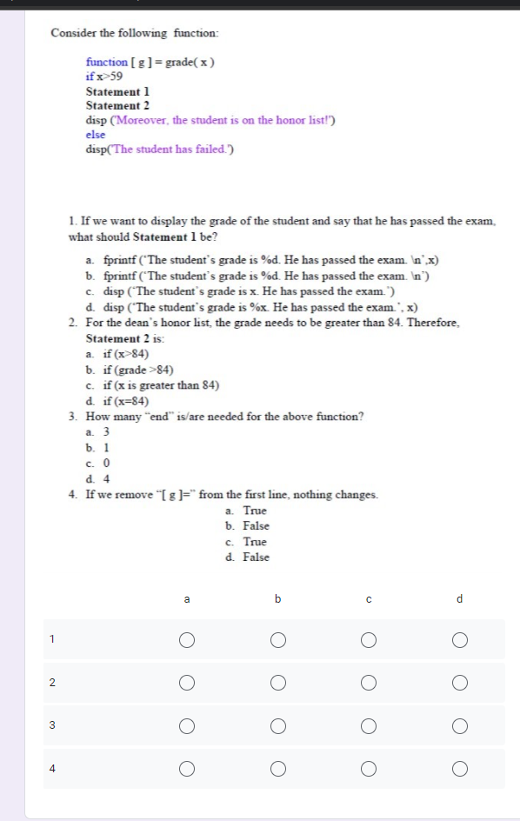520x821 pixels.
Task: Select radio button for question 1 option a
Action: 186,641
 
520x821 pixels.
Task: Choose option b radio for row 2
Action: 277,684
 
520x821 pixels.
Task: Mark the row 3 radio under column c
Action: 369,725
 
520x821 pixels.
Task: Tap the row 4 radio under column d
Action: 459,768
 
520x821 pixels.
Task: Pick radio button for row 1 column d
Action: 459,641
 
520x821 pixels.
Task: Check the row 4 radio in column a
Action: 186,768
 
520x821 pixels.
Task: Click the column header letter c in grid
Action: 369,599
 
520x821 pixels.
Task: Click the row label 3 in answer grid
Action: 52,725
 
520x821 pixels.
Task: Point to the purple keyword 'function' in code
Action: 106,63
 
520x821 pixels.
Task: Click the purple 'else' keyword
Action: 96,135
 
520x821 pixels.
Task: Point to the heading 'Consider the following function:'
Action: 135,33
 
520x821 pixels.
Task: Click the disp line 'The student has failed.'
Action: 160,150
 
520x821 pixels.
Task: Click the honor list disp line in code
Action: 210,120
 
